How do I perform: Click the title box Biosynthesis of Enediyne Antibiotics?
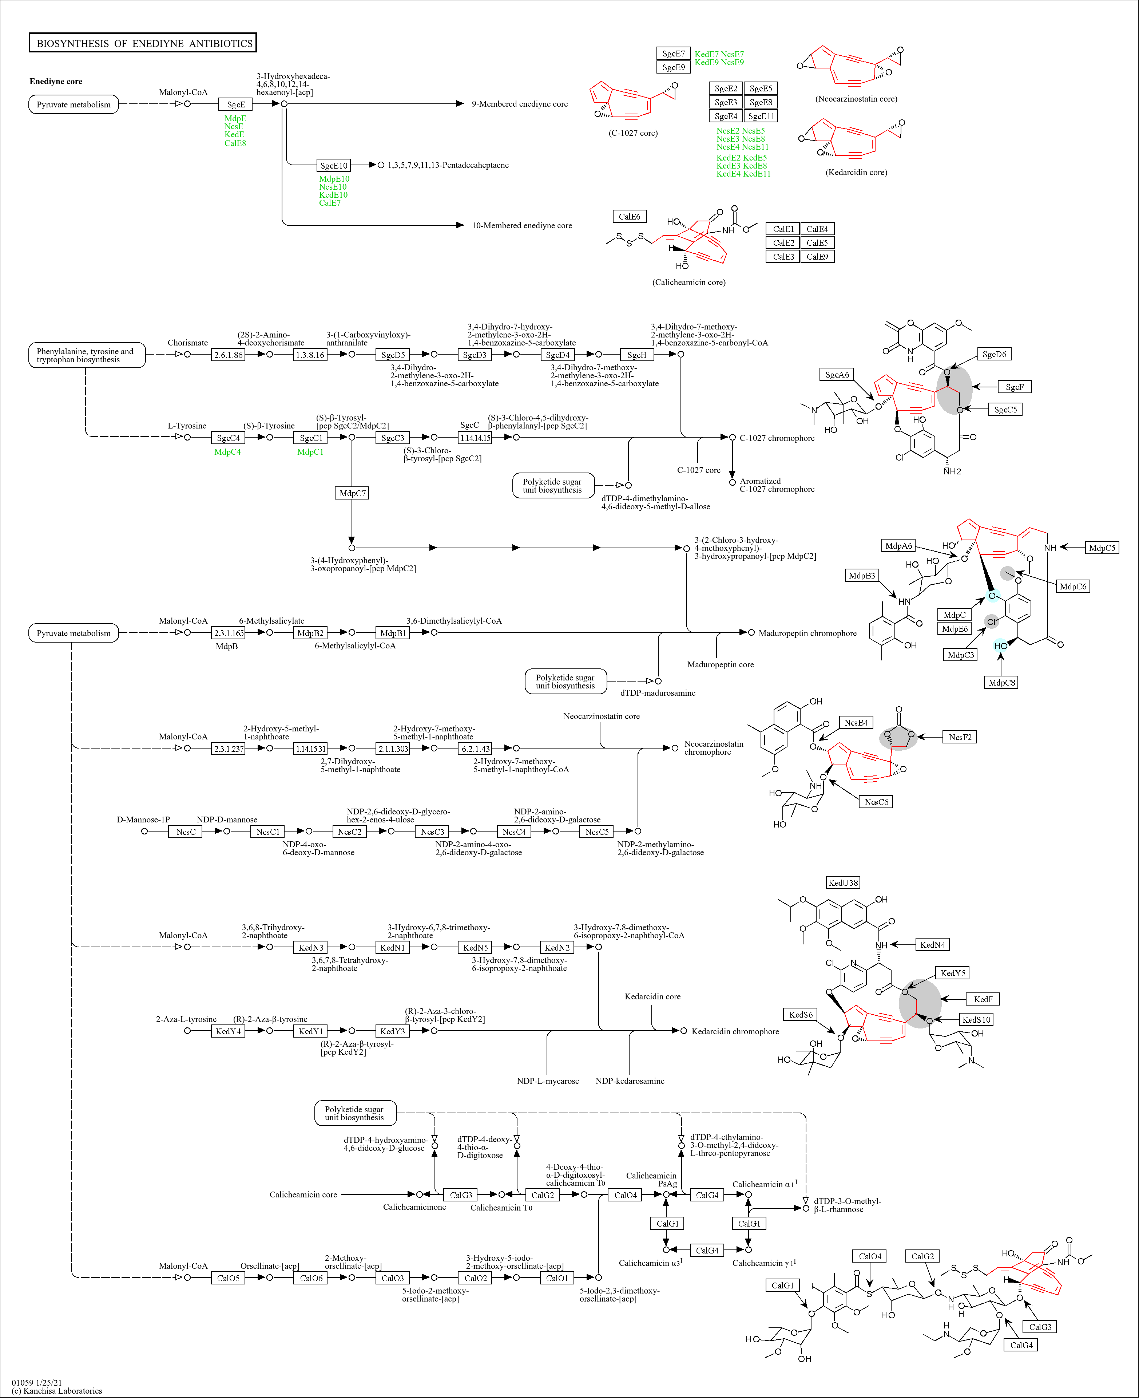[x=143, y=43]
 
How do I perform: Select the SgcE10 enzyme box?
[x=333, y=165]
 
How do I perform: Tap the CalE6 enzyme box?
[x=629, y=217]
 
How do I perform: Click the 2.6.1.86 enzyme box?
[x=228, y=355]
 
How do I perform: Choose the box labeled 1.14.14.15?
[x=475, y=438]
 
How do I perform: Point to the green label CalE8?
[x=235, y=143]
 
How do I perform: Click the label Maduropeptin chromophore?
[x=807, y=633]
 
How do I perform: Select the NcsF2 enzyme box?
[x=960, y=737]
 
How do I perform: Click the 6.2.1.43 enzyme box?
[x=475, y=748]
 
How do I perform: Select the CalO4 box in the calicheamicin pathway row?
[x=625, y=1195]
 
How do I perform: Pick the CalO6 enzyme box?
[x=311, y=1278]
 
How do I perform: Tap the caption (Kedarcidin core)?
[x=856, y=173]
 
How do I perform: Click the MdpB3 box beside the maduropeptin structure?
[x=861, y=576]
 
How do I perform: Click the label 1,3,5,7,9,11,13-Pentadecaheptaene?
[x=448, y=165]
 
